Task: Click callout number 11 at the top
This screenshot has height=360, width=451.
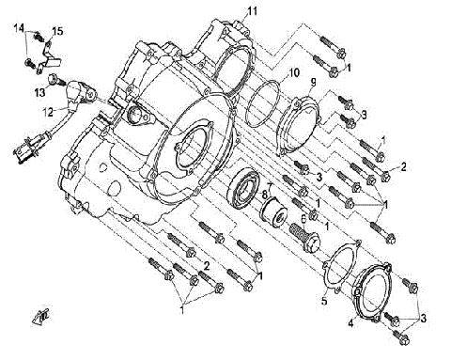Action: pos(251,10)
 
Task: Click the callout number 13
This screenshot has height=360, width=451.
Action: pos(40,92)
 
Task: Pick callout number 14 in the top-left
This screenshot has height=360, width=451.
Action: pos(19,29)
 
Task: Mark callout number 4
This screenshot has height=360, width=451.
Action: pos(352,322)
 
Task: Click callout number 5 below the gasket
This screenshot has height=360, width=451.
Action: pos(324,302)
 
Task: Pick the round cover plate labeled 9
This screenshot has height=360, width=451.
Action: pos(305,117)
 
